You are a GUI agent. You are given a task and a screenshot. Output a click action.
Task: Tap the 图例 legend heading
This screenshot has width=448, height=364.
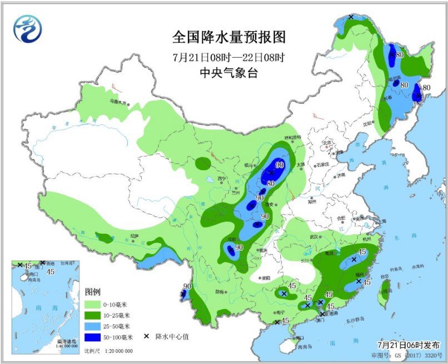point(92,292)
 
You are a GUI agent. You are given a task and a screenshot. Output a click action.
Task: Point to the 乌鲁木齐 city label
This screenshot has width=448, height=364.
point(118,102)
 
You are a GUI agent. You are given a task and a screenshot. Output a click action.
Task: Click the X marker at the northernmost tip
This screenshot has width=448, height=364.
point(351,17)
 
